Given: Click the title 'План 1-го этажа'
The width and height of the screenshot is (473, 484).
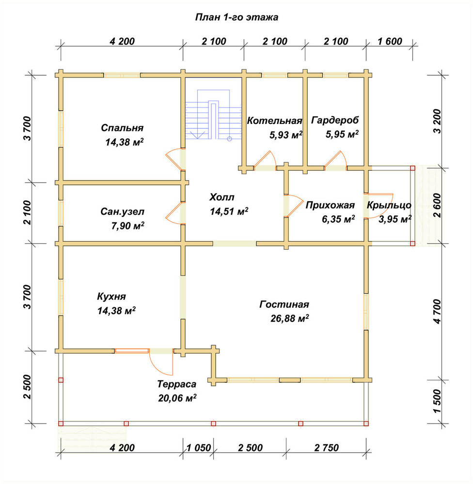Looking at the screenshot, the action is (236, 17).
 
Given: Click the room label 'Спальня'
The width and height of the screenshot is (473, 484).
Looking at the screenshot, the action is (122, 128).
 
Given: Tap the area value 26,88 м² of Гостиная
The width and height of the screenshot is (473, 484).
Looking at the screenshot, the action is (290, 318).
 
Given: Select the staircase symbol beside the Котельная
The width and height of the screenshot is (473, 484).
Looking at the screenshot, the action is (213, 115).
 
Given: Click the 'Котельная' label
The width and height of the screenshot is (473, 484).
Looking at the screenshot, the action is (274, 121).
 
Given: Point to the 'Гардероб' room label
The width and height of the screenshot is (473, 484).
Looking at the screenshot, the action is (335, 120).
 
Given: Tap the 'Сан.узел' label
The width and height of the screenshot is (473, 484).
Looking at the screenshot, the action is (123, 212).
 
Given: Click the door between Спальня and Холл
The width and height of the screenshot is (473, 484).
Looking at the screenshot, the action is (174, 159).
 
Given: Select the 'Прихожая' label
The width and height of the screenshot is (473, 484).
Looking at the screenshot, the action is (330, 205).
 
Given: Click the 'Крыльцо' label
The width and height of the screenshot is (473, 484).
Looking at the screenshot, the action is (389, 205).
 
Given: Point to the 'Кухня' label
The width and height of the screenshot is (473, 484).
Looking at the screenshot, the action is (111, 297).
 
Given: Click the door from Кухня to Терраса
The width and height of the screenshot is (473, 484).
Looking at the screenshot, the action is (161, 361).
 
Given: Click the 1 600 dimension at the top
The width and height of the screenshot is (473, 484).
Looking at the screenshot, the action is (390, 41).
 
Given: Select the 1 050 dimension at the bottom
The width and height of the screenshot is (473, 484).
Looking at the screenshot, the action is (199, 448).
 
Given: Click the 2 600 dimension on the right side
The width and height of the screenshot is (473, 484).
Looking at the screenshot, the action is (437, 206).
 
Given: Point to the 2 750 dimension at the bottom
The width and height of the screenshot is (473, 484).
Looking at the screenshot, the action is (327, 448).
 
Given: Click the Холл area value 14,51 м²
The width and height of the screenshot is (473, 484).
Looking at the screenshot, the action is (229, 212).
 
